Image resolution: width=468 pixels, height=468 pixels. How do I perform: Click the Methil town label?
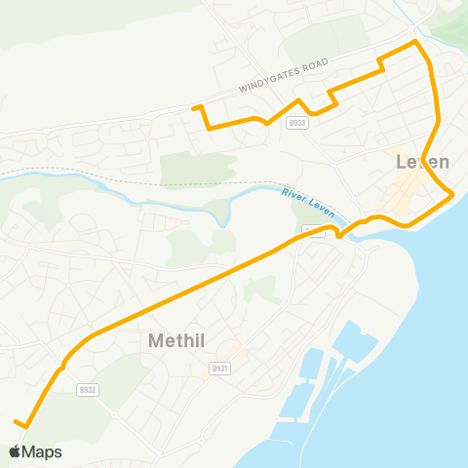click(183, 341)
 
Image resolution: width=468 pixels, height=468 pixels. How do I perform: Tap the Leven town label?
click(423, 163)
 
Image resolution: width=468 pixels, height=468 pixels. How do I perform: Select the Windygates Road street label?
click(283, 76)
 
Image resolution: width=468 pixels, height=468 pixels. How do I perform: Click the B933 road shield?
click(297, 123)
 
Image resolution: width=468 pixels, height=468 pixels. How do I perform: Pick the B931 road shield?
click(220, 369)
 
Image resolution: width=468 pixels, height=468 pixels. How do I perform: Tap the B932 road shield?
click(88, 389)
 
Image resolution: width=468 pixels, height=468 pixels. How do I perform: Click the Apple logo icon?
click(15, 451)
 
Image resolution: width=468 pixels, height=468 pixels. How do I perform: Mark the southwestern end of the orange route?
click(17, 421)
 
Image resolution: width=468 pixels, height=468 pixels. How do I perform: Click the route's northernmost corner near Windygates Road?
click(416, 42)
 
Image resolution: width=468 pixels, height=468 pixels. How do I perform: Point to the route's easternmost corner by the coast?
click(453, 197)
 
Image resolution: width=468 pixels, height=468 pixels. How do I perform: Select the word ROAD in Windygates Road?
click(312, 66)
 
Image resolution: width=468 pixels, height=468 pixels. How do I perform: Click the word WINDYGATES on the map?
click(268, 81)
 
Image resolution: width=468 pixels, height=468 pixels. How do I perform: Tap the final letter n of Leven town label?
click(444, 163)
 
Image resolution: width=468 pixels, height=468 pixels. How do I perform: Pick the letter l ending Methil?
click(212, 341)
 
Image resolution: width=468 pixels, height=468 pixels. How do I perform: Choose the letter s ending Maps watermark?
click(58, 452)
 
